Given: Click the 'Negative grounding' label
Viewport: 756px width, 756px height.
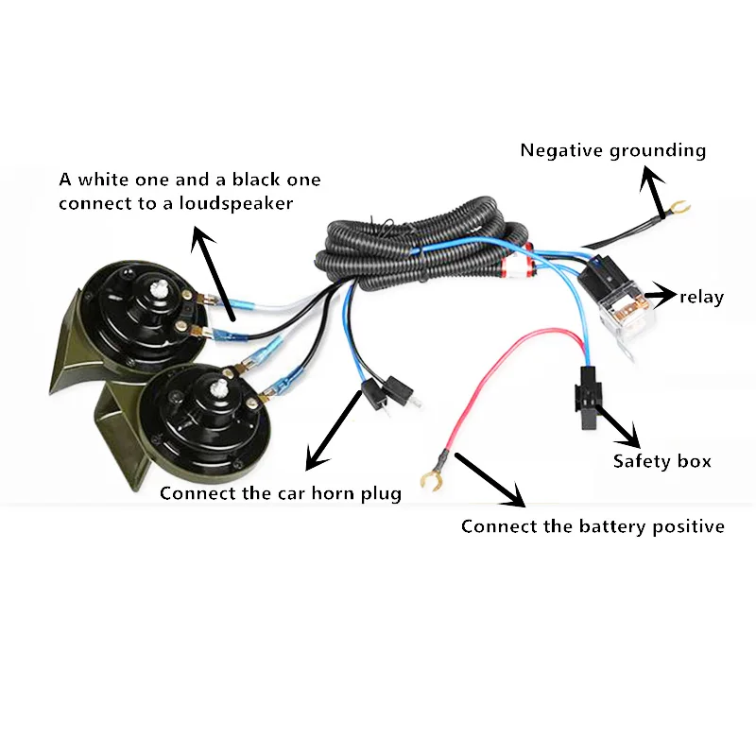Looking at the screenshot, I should tap(612, 150).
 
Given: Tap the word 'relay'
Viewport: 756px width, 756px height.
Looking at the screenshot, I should tap(701, 298).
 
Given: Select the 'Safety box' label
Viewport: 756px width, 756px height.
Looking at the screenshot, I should tap(661, 461).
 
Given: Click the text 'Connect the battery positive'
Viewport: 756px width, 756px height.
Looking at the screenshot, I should tap(593, 526).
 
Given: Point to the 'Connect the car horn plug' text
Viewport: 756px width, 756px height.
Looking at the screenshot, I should tap(281, 493).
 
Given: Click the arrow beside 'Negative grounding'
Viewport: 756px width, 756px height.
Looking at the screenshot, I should tap(651, 190).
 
